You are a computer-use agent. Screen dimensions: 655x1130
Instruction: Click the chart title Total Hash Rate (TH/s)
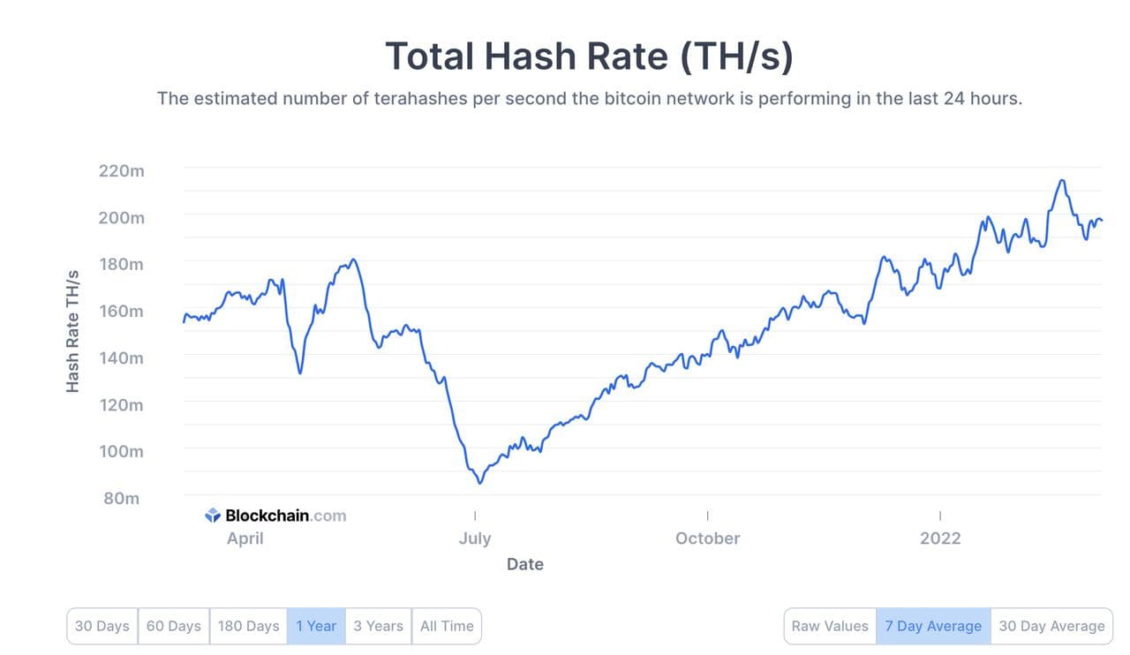tap(589, 56)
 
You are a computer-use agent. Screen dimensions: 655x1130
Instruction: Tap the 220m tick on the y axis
tap(122, 170)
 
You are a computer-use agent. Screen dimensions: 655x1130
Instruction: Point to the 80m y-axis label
tap(122, 498)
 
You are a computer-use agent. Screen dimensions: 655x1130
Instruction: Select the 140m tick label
tap(122, 358)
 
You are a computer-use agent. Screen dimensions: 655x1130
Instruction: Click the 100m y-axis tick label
tap(122, 451)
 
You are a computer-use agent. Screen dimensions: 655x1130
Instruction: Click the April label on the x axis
tap(245, 538)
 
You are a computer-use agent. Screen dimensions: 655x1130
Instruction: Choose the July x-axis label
tap(475, 538)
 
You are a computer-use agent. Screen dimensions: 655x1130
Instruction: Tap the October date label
tap(708, 538)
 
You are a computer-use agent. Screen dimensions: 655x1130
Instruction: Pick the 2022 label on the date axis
tap(940, 538)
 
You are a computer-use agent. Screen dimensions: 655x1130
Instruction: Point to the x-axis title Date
tap(525, 564)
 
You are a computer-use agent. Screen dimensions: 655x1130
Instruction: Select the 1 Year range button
tap(316, 626)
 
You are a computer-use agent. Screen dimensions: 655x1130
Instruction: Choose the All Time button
tap(447, 626)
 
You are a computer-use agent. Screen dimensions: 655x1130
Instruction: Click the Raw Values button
tap(830, 626)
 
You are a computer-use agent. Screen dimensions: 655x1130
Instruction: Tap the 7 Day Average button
tap(933, 626)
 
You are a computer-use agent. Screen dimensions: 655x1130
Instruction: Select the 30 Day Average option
tap(1051, 626)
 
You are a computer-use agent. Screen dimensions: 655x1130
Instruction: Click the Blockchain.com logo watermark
tap(275, 516)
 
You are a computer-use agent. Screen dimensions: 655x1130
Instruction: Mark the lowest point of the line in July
tap(480, 483)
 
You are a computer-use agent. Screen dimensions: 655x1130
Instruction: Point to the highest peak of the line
tap(1062, 180)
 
